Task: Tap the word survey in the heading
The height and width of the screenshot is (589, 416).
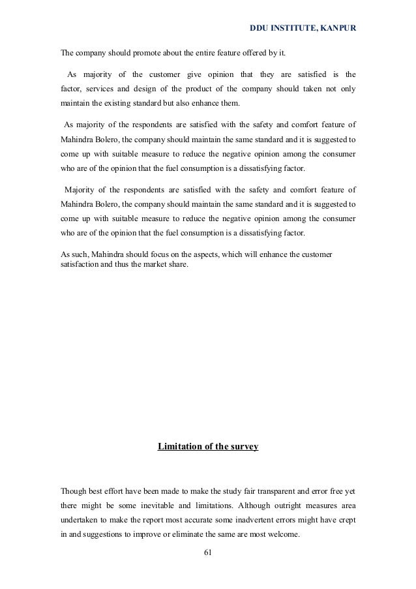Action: (245, 447)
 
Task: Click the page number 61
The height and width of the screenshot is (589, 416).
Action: (208, 555)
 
